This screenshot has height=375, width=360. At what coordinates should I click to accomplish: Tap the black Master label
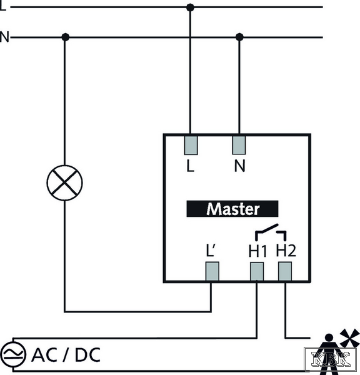click(232, 209)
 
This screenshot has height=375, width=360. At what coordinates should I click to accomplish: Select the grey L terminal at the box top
click(191, 146)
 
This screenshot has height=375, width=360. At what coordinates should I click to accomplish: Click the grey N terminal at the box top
click(239, 145)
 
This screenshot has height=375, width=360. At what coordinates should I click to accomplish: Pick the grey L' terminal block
click(212, 271)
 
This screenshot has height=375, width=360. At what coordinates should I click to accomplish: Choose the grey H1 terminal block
click(257, 271)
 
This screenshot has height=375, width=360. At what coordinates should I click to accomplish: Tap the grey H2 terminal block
click(285, 271)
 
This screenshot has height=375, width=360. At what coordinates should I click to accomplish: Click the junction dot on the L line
click(190, 7)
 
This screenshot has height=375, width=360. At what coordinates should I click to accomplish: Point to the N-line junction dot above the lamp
click(65, 37)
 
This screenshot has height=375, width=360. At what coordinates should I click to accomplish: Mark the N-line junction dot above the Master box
click(239, 37)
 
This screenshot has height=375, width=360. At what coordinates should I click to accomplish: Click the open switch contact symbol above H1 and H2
click(271, 232)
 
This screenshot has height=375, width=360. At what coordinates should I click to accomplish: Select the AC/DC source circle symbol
click(13, 354)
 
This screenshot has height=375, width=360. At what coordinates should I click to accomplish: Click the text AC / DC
click(66, 355)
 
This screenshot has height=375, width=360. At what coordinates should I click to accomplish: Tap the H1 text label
click(257, 251)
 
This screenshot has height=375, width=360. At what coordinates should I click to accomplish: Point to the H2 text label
click(286, 251)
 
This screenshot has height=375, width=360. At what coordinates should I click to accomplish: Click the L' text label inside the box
click(211, 251)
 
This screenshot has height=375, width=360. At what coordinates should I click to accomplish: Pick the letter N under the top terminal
click(240, 166)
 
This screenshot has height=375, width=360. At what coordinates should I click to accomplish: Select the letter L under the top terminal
click(190, 166)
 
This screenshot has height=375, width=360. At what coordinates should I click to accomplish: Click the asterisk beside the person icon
click(350, 337)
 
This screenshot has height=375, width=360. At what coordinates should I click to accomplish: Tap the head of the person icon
click(329, 337)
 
